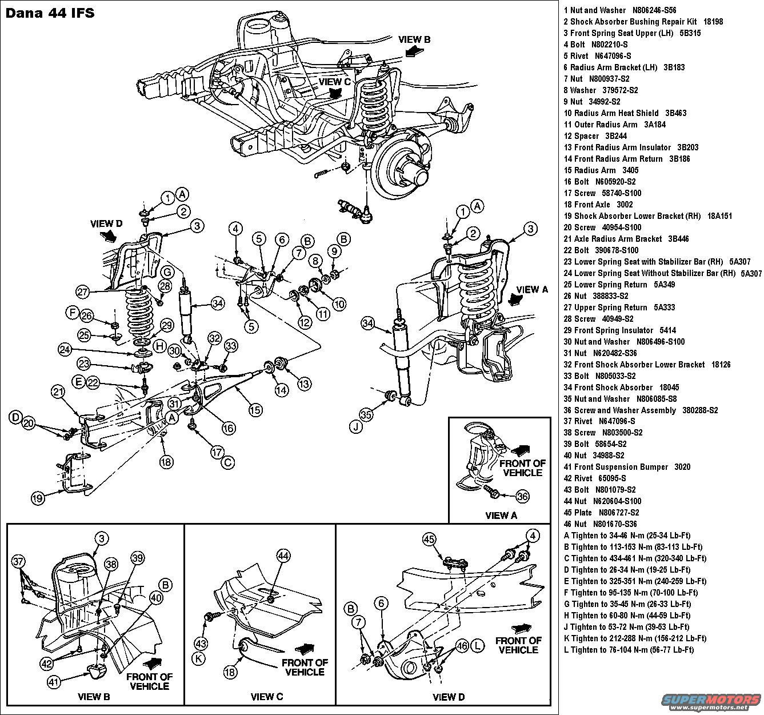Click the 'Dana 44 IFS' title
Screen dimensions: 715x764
50,12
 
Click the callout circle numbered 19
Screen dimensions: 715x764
37,498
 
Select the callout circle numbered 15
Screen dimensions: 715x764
255,409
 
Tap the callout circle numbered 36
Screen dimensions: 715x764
522,496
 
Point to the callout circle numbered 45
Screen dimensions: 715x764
429,540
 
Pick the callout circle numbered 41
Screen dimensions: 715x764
54,681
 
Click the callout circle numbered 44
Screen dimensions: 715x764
284,554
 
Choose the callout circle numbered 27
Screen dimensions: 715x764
83,291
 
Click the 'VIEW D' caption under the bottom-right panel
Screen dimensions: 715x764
449,697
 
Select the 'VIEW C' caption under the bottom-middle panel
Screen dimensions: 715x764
266,697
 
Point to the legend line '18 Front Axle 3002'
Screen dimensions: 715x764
598,205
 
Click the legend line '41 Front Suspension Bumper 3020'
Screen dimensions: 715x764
627,467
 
